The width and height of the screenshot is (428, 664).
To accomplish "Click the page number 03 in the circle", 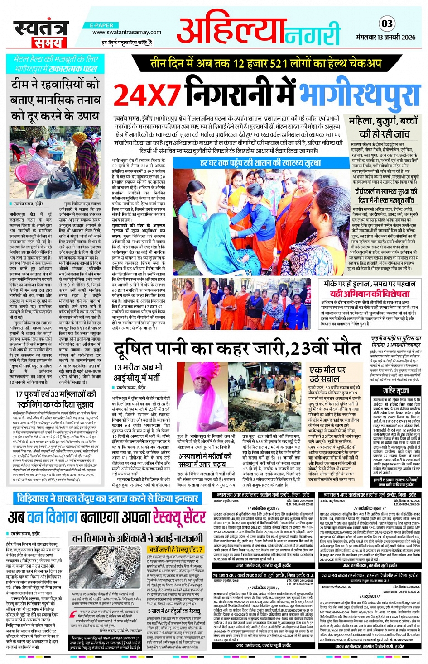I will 387,24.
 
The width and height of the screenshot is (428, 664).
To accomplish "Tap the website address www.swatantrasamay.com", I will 126,33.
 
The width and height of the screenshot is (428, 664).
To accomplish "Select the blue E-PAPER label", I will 101,25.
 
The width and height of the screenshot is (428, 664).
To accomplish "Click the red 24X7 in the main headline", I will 147,95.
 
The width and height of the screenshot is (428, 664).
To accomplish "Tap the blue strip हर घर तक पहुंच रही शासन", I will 260,162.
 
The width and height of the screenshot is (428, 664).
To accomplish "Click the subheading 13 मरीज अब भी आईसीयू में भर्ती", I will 138,372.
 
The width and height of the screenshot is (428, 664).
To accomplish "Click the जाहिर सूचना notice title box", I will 395,390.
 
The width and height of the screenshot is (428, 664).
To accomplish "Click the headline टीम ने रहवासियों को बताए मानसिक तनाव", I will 55,100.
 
